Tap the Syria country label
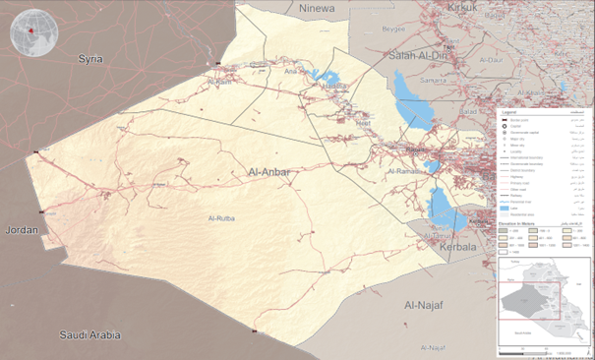point(90,59)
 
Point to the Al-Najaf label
point(426,307)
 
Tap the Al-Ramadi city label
point(405,171)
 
